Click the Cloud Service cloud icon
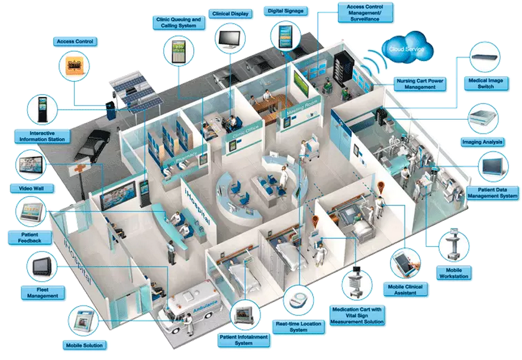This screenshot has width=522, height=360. click(x=407, y=47)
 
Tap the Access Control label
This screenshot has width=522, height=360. click(x=75, y=41)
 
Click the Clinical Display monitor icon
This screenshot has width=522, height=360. click(x=229, y=37)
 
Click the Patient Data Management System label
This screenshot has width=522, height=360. click(x=492, y=192)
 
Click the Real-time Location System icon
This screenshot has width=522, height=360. click(x=299, y=301)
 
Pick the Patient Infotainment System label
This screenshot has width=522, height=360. click(x=244, y=339)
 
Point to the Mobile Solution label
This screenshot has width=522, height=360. click(x=83, y=345)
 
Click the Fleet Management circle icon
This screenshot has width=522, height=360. click(x=42, y=266)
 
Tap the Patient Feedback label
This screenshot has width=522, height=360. click(x=26, y=237)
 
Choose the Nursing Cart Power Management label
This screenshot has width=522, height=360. click(x=420, y=83)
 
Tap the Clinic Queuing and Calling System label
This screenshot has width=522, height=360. click(x=178, y=22)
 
